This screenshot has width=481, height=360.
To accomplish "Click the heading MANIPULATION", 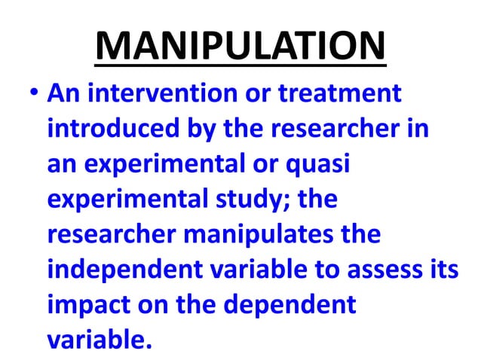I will click(240, 46).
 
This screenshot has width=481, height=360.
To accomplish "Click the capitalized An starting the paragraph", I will click(62, 96).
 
